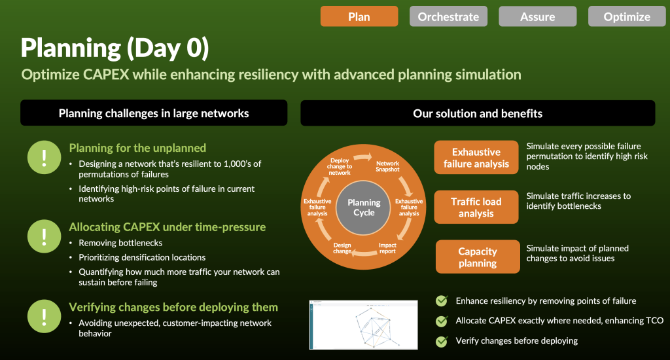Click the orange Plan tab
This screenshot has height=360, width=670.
point(359,16)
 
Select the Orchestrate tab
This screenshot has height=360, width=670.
point(448,16)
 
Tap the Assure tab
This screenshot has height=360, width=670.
point(537,16)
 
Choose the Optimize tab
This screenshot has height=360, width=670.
point(626,16)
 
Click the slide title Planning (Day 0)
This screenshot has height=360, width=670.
point(115,48)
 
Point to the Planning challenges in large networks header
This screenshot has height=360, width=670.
point(154,113)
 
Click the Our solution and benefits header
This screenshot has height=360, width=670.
point(478,113)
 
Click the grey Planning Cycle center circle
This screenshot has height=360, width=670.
point(364,207)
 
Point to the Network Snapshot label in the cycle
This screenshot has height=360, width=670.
point(387,167)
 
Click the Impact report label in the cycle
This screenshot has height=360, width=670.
point(387,248)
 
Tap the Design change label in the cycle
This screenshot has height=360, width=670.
point(342,248)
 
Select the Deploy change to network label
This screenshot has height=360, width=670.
point(340,166)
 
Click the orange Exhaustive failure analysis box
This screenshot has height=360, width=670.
point(476,158)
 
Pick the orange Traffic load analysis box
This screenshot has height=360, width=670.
point(476,207)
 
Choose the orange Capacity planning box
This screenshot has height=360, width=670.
point(478,257)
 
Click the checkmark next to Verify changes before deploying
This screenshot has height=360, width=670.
point(442,340)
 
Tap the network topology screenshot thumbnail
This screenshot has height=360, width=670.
point(363,325)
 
